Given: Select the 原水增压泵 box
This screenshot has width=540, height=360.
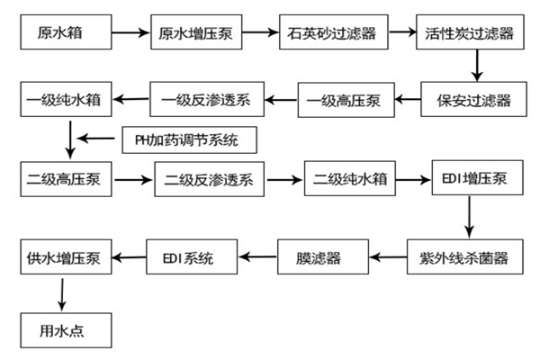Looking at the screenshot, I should point(197,34).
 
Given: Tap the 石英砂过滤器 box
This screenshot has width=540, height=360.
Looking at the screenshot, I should point(332,34).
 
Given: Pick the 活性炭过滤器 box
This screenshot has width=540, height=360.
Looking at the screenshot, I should point(469,34).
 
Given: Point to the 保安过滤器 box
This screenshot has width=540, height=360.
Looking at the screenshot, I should point(469,97).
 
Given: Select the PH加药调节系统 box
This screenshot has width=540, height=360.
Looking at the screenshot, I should point(189,141).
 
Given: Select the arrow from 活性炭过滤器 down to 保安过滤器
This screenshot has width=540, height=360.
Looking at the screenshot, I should point(476,64).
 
